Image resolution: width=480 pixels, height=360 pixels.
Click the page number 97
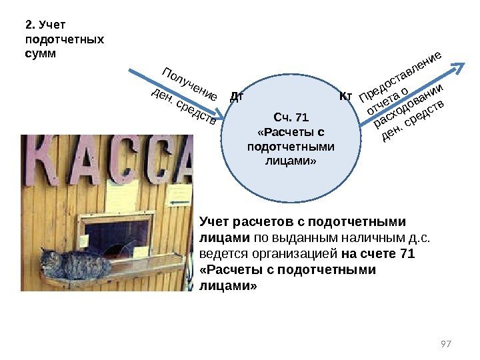tap(447, 343)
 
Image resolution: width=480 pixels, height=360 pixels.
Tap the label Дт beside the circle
tap(236, 96)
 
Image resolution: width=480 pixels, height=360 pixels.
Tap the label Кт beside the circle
tap(345, 97)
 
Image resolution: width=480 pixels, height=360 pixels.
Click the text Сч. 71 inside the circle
tap(291, 118)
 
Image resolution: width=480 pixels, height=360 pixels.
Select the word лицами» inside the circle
tap(291, 161)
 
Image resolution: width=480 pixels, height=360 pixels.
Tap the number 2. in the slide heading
tap(30, 25)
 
